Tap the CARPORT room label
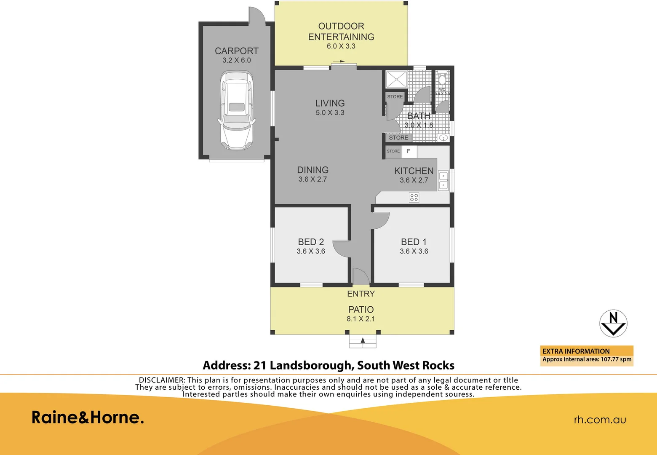tap(236, 51)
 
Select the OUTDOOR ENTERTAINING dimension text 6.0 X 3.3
tap(341, 46)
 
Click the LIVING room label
tap(330, 103)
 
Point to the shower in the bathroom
tap(396, 80)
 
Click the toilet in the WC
tap(442, 80)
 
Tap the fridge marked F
tap(409, 151)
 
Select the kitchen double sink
tap(443, 180)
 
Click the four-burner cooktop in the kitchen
tap(414, 197)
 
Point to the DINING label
tap(312, 170)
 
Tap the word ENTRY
tap(361, 294)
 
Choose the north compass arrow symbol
tap(613, 323)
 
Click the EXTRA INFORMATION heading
tap(576, 351)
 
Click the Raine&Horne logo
tap(88, 418)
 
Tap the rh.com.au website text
tap(600, 420)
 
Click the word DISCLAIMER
tap(161, 380)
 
